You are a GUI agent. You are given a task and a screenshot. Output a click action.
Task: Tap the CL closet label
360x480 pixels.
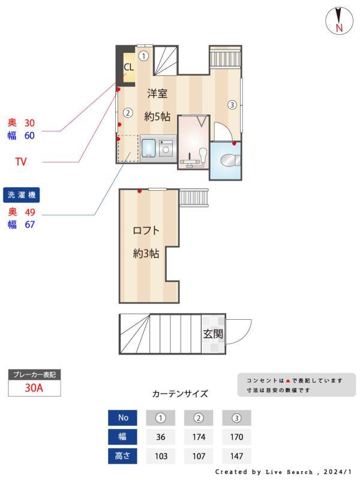[x=128, y=67]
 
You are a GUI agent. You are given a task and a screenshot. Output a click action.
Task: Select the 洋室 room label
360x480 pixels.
[x=157, y=94]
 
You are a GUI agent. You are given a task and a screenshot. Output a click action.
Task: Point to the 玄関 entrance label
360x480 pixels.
[x=212, y=334]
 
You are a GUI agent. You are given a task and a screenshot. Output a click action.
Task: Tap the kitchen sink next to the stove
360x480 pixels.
[x=148, y=148]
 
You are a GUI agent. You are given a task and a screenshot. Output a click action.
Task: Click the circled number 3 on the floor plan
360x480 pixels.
[x=232, y=105]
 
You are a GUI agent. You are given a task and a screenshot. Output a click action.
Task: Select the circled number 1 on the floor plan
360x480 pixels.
[x=143, y=56]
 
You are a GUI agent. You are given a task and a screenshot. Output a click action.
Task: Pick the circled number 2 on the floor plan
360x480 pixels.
[x=127, y=112]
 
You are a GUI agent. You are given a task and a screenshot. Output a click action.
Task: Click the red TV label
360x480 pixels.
[x=21, y=162]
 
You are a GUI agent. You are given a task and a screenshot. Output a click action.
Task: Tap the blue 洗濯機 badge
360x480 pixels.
[x=22, y=195]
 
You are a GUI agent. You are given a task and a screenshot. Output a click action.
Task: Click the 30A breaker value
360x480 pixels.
[x=34, y=388]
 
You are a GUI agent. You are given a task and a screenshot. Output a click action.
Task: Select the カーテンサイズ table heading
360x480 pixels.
[x=180, y=394]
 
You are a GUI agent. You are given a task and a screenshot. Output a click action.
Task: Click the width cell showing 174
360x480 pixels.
[x=199, y=437]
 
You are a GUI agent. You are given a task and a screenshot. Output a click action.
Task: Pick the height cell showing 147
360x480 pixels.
[x=236, y=456]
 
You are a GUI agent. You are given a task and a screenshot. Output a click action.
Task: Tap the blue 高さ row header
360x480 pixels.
[x=122, y=456]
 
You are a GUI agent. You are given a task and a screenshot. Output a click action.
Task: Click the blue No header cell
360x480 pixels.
[x=122, y=418]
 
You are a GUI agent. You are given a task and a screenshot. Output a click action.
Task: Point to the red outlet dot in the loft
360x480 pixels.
[x=139, y=191]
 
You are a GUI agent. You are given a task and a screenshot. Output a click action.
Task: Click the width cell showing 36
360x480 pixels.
[x=160, y=437]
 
